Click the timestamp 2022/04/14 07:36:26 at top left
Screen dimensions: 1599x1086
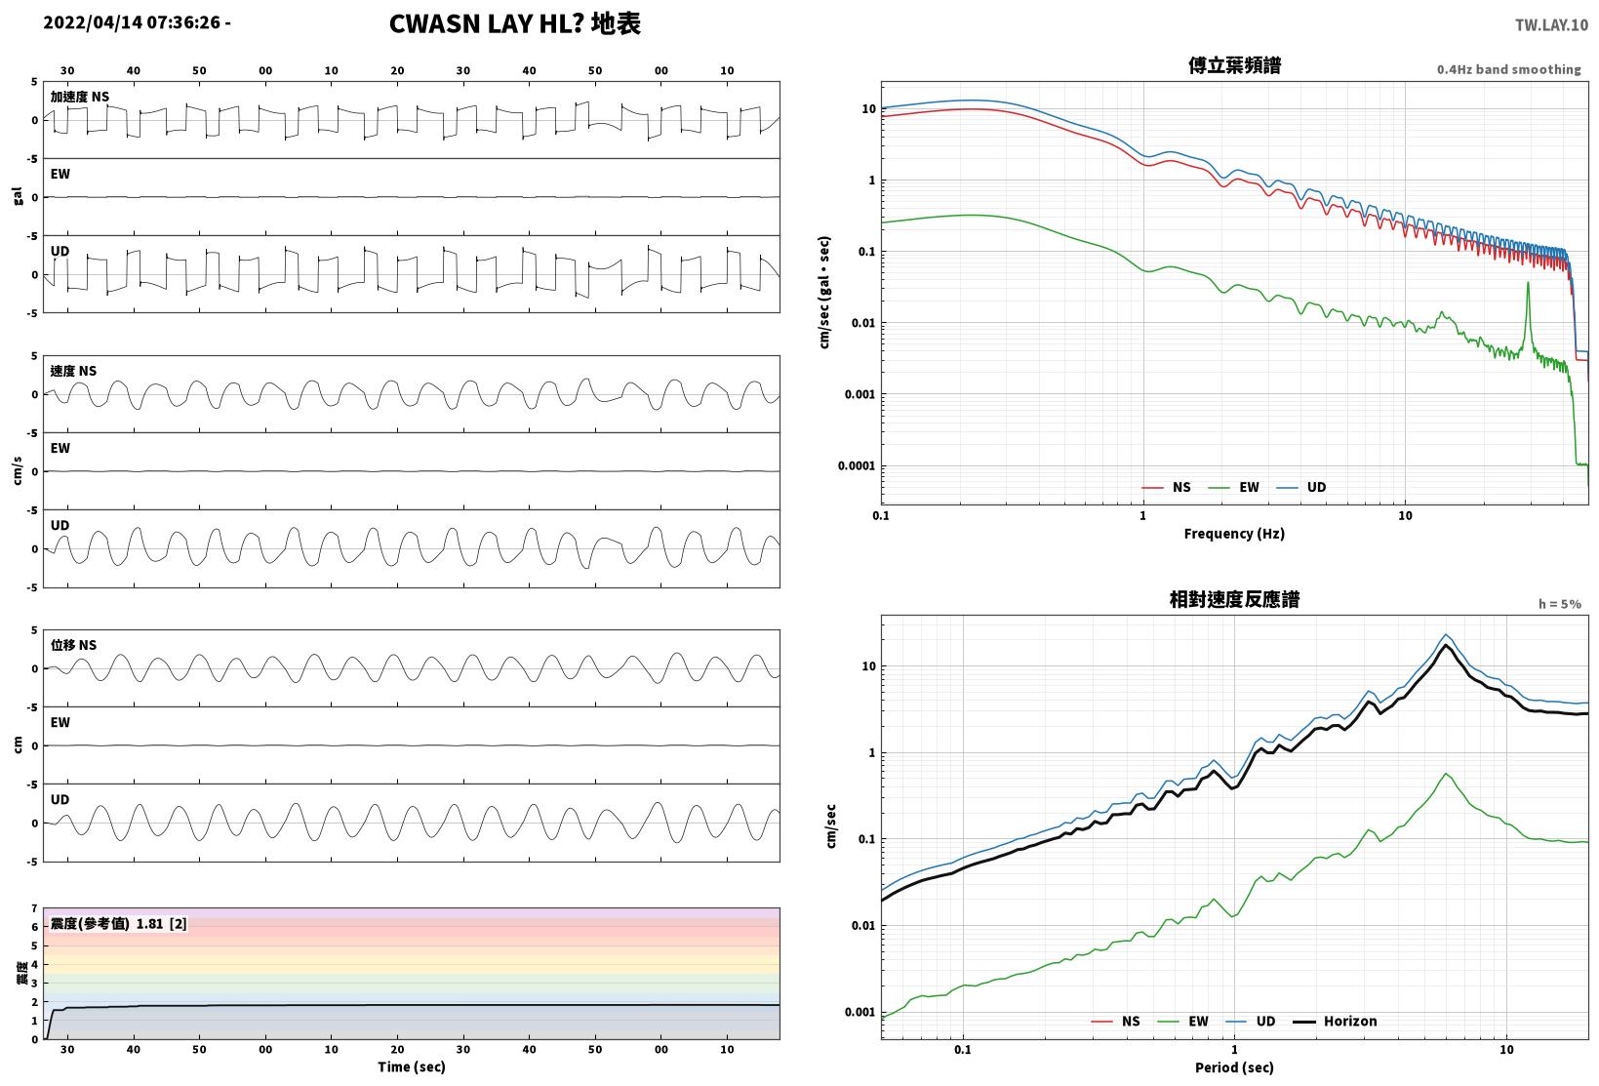pos(132,22)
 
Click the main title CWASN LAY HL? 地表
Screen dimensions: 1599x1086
pos(515,23)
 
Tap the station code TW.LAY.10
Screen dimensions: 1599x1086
pos(1551,25)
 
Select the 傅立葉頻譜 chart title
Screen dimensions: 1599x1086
pos(1234,65)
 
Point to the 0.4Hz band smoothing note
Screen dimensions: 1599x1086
pos(1508,69)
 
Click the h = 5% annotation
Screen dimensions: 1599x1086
pos(1560,604)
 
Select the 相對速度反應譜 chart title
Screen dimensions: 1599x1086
pos(1234,599)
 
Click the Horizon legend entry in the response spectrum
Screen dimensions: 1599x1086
pos(1335,1021)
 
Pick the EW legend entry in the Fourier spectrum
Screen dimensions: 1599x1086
pos(1233,487)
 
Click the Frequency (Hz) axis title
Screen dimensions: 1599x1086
pos(1234,534)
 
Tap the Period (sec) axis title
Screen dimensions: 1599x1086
pos(1234,1067)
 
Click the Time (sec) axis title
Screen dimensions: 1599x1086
pos(411,1066)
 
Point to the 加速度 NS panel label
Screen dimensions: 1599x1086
pos(79,97)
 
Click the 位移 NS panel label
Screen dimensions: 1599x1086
pos(73,645)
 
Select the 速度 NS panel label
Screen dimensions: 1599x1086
pos(73,371)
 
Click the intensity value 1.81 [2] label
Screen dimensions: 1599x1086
pos(161,923)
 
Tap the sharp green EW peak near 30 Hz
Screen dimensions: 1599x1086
pos(1528,283)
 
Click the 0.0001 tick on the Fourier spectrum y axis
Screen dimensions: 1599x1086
pos(856,465)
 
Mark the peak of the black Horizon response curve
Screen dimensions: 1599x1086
pos(1446,645)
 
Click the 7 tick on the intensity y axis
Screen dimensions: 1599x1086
pos(34,908)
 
